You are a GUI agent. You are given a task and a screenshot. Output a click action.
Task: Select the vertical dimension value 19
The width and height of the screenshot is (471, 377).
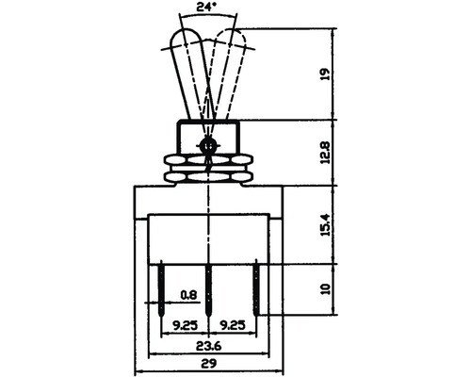[326, 74]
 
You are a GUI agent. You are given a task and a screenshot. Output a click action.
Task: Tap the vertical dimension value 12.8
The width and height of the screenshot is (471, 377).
[326, 153]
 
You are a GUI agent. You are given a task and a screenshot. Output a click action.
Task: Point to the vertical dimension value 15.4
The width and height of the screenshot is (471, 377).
[326, 224]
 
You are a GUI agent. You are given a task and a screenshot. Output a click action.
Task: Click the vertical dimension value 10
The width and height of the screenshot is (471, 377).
[326, 288]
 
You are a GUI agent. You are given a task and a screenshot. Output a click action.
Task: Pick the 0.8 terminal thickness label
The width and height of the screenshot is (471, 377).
[188, 295]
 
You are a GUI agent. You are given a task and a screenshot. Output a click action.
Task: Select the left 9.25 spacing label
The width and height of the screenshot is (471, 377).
[186, 325]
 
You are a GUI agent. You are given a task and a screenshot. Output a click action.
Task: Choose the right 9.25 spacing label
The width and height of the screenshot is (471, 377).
[233, 325]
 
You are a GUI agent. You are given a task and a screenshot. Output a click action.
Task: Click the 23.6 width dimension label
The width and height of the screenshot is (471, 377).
[209, 346]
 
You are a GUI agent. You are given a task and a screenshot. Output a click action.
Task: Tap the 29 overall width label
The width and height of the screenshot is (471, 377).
[209, 364]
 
